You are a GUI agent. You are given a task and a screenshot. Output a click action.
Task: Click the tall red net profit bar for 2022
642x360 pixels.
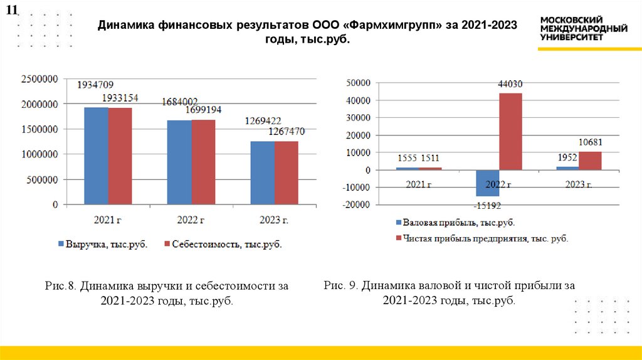point(510,131)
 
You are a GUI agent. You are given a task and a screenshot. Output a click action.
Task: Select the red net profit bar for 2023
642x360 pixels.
point(590,161)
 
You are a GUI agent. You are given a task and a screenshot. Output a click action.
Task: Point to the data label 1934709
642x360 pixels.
point(95,85)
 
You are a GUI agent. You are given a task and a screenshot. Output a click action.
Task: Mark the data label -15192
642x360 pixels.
point(487,204)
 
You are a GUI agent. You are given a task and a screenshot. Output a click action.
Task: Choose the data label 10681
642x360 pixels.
point(591,142)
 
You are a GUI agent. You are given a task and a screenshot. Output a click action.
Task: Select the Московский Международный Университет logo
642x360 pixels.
point(583,29)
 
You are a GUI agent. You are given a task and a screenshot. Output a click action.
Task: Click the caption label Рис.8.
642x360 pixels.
point(61,286)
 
